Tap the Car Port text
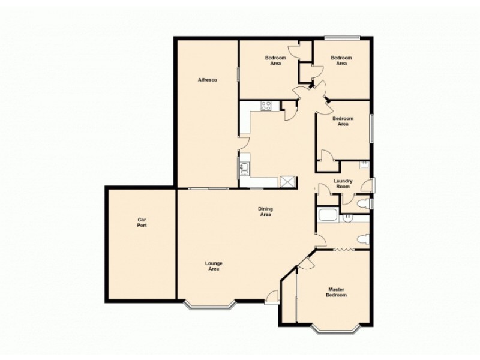tap(142, 223)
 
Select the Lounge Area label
tap(214, 266)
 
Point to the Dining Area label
tap(265, 211)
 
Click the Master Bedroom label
tap(336, 292)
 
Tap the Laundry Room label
tap(343, 184)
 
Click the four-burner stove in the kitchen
tap(266, 107)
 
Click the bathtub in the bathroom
tap(329, 216)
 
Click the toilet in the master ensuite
tap(361, 240)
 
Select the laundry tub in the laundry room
tap(364, 164)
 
